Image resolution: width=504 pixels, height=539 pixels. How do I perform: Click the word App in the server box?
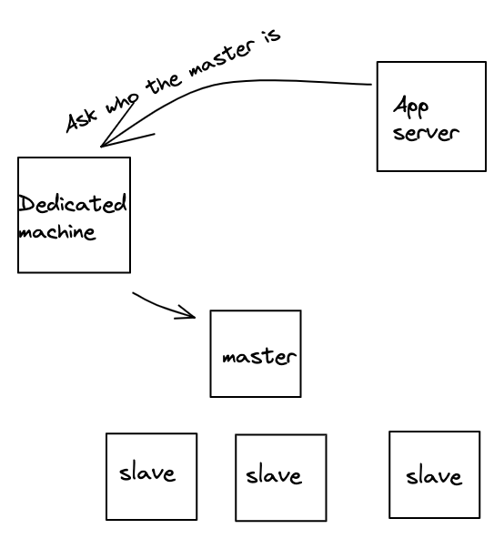[411, 107]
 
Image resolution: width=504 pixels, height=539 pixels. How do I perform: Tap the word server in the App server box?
[426, 133]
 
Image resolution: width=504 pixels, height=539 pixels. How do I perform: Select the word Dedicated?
[72, 204]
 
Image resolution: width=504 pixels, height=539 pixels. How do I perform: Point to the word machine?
[57, 232]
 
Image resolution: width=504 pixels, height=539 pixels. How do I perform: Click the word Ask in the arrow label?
[82, 121]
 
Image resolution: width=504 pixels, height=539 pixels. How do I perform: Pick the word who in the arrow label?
[122, 102]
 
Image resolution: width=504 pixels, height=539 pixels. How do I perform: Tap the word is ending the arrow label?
[271, 36]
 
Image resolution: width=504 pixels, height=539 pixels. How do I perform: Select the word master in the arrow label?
[222, 57]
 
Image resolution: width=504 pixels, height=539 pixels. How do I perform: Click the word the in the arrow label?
[163, 84]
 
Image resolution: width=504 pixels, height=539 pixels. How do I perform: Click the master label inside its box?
[259, 357]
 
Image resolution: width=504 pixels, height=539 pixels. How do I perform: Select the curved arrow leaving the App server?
[220, 85]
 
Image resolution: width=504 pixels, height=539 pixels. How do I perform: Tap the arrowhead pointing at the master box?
[187, 312]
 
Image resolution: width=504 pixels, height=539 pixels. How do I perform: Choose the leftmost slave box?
[152, 476]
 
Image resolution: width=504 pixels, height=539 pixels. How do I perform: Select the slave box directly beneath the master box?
[281, 478]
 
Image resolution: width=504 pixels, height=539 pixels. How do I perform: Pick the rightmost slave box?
[435, 474]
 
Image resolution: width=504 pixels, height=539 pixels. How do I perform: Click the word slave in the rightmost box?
[434, 476]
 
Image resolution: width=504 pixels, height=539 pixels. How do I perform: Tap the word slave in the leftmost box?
[147, 473]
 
